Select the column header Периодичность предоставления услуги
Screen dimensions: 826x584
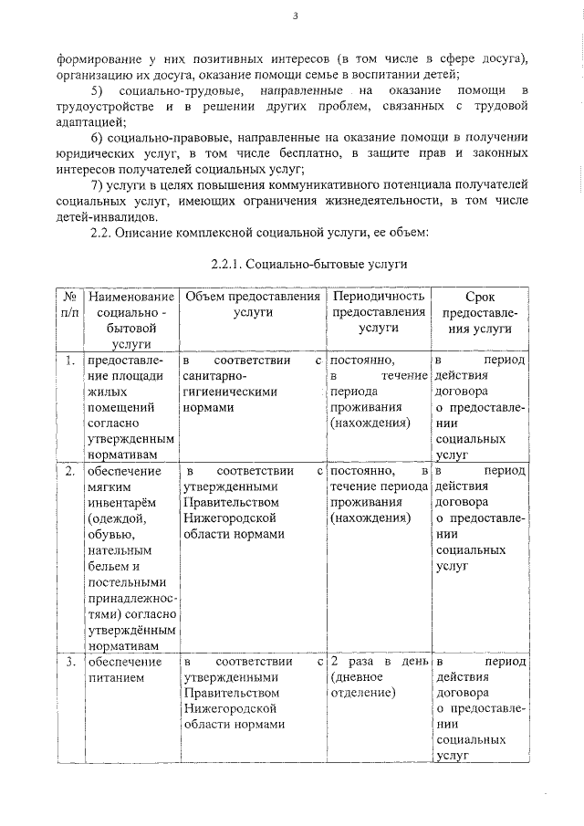tap(379, 311)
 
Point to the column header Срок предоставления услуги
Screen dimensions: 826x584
tap(479, 311)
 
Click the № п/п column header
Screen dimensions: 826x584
tap(69, 304)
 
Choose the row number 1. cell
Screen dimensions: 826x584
tap(69, 361)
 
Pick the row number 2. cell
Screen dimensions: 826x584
tap(69, 471)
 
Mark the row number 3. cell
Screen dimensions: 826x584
tap(69, 661)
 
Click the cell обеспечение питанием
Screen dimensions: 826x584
tap(123, 670)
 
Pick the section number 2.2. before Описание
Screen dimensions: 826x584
tap(99, 234)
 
